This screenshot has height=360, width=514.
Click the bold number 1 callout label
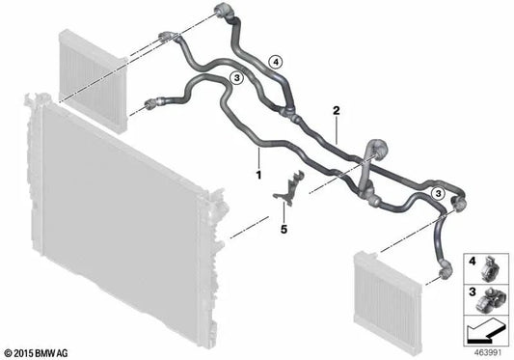(x=259, y=175)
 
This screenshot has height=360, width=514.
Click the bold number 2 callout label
(x=337, y=111)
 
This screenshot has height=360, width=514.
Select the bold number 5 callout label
(x=284, y=229)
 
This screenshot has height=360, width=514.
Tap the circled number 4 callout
(x=276, y=62)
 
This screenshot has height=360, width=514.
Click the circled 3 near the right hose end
(x=438, y=194)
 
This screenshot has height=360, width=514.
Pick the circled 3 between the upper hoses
(x=236, y=78)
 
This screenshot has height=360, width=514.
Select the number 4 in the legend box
(x=472, y=262)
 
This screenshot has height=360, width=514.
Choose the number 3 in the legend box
(x=472, y=291)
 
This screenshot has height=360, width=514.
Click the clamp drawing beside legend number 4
(x=490, y=268)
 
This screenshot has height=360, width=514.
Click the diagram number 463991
(x=488, y=353)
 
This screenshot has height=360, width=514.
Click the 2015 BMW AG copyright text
(x=37, y=353)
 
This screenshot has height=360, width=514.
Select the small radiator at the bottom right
(x=388, y=303)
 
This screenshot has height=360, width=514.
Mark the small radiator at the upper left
(x=94, y=81)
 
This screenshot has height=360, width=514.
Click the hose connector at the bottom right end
(x=446, y=270)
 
